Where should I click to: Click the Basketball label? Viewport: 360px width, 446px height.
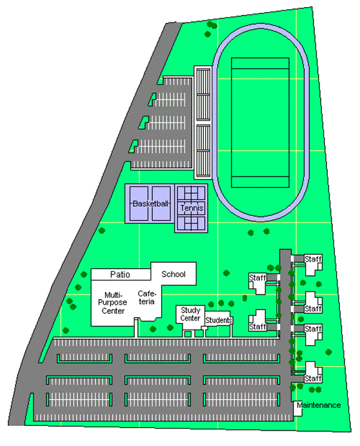click(x=150, y=204)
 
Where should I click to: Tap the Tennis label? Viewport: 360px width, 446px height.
click(x=192, y=208)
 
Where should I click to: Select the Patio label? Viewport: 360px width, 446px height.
click(x=120, y=275)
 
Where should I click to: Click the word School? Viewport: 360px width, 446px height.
click(x=173, y=274)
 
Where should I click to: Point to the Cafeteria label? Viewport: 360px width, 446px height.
click(x=146, y=298)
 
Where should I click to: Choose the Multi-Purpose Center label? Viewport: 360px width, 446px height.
click(x=112, y=303)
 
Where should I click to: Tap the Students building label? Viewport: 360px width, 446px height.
click(x=219, y=320)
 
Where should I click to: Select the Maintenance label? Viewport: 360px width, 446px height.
click(x=319, y=405)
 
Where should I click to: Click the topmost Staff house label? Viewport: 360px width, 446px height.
click(x=313, y=259)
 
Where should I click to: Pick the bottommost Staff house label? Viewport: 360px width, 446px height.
click(x=313, y=378)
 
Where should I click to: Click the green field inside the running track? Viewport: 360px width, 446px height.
click(x=260, y=122)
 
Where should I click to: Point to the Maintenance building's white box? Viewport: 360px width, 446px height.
click(x=298, y=409)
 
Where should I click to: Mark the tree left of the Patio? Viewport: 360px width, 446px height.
click(x=84, y=275)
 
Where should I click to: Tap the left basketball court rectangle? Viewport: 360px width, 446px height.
click(x=139, y=204)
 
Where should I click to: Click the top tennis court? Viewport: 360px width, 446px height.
click(x=191, y=193)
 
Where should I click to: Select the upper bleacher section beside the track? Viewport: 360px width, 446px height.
click(x=203, y=95)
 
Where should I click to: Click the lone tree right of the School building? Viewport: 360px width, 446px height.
click(x=226, y=273)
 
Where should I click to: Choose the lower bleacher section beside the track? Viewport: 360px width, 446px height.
click(x=203, y=151)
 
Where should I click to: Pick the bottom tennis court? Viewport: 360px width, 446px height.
click(x=191, y=223)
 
